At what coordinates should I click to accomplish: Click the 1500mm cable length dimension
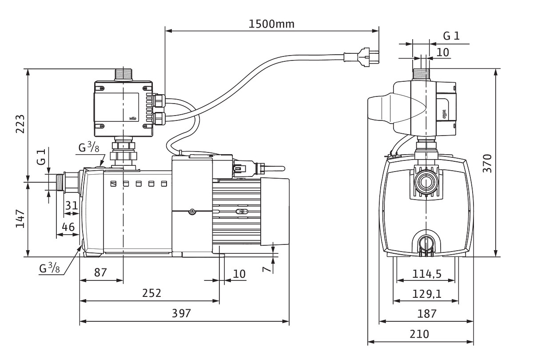(x=271, y=24)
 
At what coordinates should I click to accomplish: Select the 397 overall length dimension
(x=181, y=313)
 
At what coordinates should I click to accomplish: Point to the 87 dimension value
(x=101, y=272)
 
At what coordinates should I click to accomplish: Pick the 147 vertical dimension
(x=19, y=219)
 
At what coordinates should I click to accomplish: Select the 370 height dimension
(x=487, y=164)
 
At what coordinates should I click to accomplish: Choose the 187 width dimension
(x=427, y=313)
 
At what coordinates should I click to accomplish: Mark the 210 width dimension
(x=420, y=334)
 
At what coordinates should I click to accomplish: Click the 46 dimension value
(x=68, y=227)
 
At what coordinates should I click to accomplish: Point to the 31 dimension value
(x=72, y=205)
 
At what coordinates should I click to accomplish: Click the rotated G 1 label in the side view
(x=41, y=158)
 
